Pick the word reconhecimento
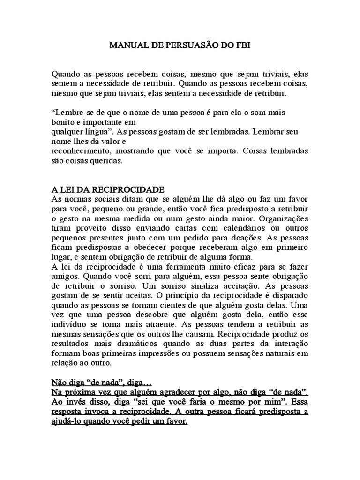click(x=81, y=152)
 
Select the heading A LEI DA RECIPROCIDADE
click(x=108, y=189)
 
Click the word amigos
click(x=63, y=276)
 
